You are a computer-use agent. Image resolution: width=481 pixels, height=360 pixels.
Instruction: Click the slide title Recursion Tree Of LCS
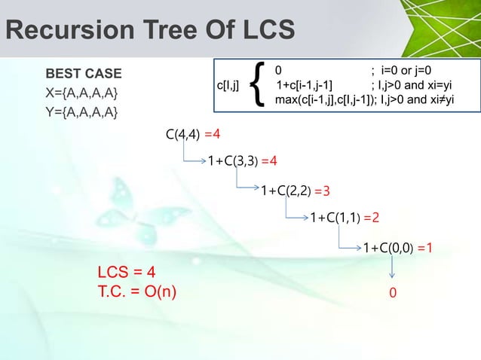[x=149, y=29]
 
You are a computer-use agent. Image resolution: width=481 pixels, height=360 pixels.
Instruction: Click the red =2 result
[x=371, y=218]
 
